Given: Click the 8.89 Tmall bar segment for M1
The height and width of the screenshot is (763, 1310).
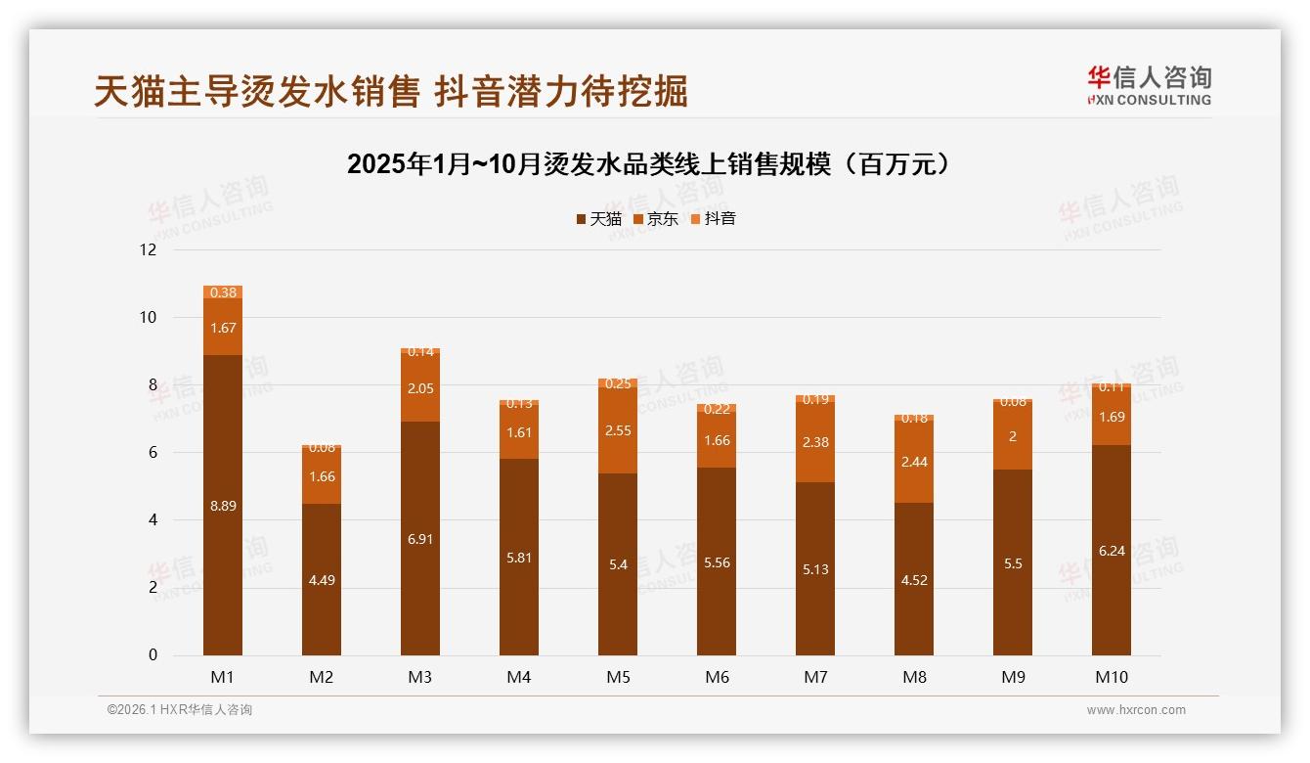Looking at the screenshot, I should tap(223, 505).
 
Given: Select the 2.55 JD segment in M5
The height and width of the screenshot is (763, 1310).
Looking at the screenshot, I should tap(618, 430).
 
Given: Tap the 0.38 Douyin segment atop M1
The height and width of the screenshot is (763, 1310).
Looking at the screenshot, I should tap(223, 292).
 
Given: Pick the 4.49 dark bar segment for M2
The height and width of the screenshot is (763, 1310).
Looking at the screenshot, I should tap(322, 579).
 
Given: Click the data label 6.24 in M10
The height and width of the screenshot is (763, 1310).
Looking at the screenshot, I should tap(1112, 551).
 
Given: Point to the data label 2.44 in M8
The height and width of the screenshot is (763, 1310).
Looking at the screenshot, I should tap(914, 462).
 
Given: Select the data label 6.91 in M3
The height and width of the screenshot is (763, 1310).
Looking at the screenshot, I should tap(420, 539).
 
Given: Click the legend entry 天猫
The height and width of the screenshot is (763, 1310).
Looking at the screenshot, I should tap(598, 219).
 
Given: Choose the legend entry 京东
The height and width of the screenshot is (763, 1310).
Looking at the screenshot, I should tap(655, 219).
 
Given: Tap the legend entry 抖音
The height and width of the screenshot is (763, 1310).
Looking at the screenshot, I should tap(713, 219).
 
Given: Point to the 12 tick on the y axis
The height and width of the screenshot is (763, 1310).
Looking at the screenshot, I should tap(148, 250).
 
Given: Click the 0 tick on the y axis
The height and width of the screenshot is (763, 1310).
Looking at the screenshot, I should tap(153, 655).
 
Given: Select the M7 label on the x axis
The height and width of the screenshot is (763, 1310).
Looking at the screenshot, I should tap(815, 677).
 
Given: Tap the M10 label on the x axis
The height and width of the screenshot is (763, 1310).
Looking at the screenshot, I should tap(1112, 677).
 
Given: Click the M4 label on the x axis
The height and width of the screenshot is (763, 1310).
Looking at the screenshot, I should tap(519, 677).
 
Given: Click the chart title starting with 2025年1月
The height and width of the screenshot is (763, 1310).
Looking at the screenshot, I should tap(649, 164).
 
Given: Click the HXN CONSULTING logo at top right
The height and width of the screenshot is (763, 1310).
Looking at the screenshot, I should tap(1149, 86).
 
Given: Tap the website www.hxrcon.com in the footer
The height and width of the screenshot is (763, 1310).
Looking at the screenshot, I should tap(1136, 710).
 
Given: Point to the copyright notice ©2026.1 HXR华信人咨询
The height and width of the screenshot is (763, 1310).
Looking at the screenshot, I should tap(180, 710).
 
